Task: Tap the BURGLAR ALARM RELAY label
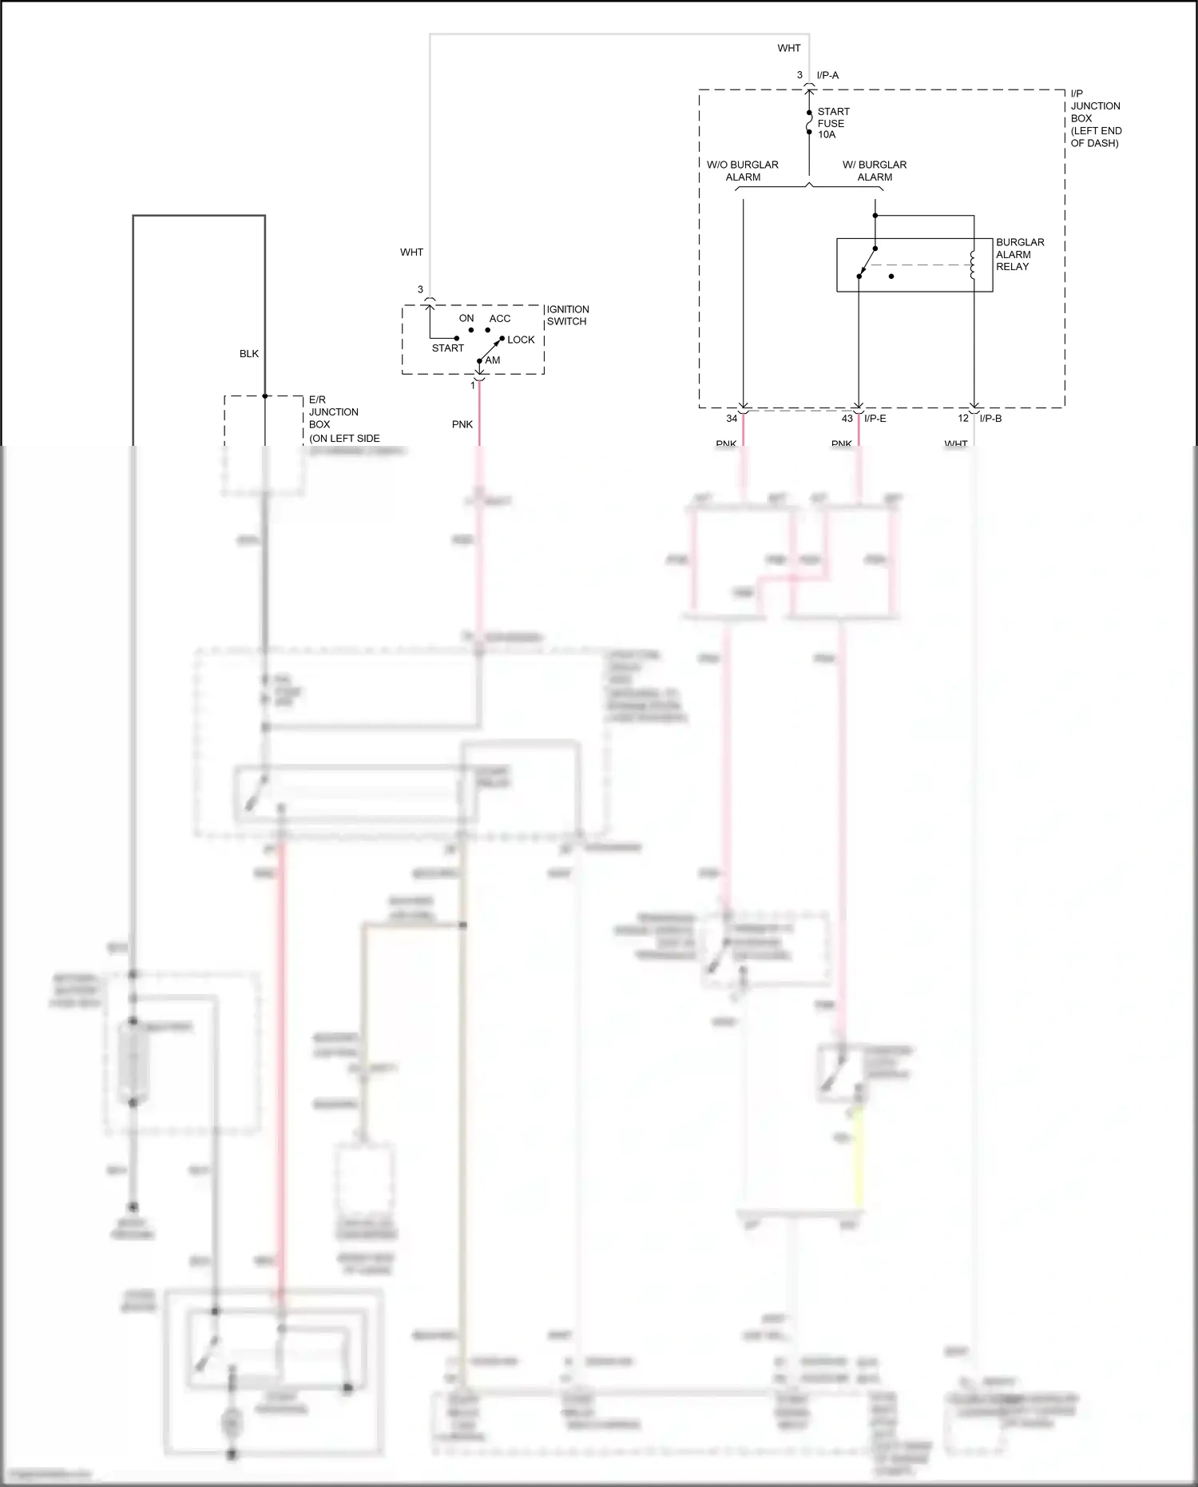(1019, 254)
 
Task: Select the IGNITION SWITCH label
(568, 315)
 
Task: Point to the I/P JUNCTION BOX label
(1095, 118)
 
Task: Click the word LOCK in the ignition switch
(521, 340)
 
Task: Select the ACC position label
(500, 318)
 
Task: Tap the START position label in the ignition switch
(447, 348)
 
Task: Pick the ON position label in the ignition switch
(466, 318)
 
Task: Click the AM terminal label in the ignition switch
(493, 360)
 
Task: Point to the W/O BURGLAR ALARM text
(743, 170)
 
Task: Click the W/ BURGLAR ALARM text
(875, 170)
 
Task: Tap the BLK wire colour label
(249, 353)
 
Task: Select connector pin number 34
(732, 418)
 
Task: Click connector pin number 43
(847, 418)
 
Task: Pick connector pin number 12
(963, 418)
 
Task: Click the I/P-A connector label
(827, 75)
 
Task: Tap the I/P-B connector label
(990, 418)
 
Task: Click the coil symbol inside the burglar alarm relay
(972, 265)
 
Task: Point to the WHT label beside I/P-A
(789, 48)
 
